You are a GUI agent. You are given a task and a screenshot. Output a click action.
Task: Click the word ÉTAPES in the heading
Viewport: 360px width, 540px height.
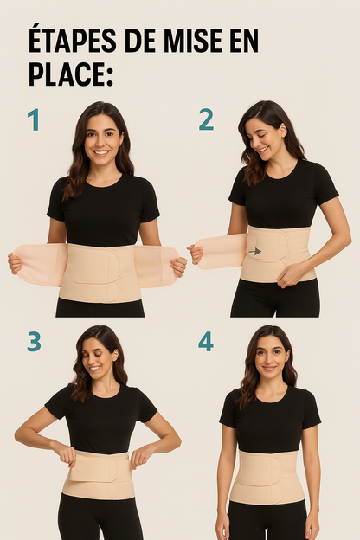click(73, 41)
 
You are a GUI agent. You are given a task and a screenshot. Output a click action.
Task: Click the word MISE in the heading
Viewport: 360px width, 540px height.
click(193, 42)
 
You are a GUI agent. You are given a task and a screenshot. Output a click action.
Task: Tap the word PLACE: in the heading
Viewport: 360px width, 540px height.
click(71, 74)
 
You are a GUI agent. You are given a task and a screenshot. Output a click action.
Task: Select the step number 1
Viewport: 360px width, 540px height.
click(34, 119)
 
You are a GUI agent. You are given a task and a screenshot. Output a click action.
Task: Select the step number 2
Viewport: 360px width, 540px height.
click(206, 119)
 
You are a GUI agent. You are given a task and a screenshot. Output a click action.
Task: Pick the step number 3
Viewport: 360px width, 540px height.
click(34, 341)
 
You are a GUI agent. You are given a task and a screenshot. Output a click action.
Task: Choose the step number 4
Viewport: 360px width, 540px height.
click(206, 341)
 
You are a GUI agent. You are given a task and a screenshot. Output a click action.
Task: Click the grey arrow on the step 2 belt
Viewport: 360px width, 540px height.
click(255, 252)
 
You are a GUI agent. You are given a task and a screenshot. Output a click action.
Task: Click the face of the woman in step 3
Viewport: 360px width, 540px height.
click(98, 361)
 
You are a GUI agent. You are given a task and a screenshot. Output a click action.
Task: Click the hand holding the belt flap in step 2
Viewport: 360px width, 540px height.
click(195, 254)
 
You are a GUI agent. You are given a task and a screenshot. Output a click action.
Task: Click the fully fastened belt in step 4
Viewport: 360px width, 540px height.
click(267, 477)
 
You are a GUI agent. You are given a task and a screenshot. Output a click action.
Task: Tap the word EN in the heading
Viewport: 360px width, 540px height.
click(243, 42)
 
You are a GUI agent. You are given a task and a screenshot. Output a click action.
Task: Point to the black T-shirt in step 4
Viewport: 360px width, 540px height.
click(270, 421)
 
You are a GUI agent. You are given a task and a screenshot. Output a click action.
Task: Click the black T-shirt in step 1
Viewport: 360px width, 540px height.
click(103, 211)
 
